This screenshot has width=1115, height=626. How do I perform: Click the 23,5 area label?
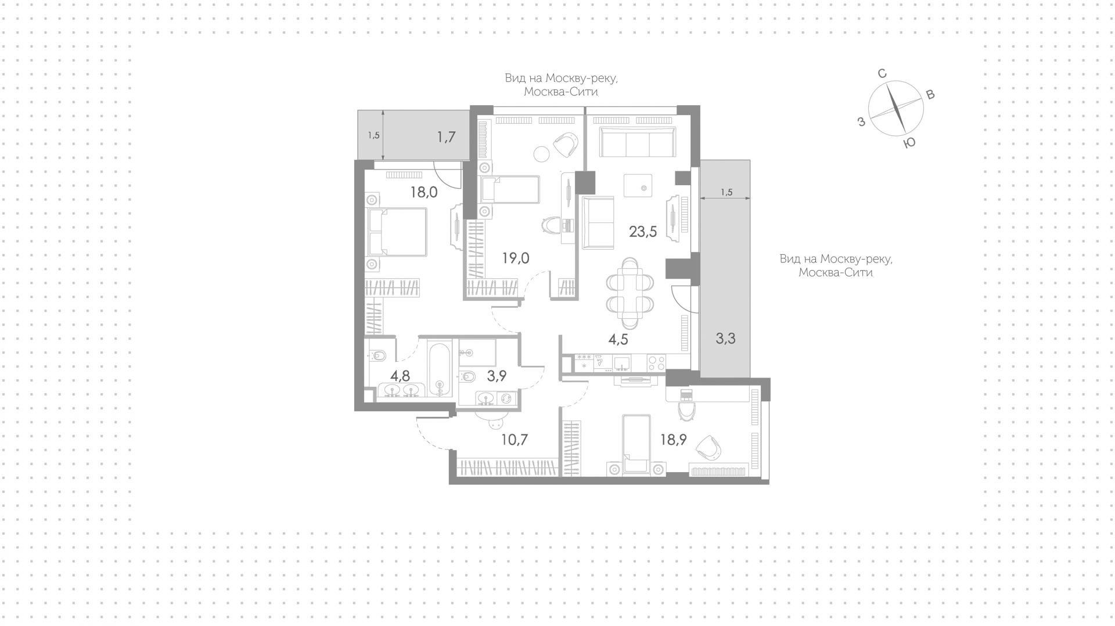pyautogui.click(x=643, y=232)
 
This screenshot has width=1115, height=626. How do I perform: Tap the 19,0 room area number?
pyautogui.click(x=516, y=258)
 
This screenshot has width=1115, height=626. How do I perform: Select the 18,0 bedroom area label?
pyautogui.click(x=424, y=192)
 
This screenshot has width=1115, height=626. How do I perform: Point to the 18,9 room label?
pyautogui.click(x=673, y=440)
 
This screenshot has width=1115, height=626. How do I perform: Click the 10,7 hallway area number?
pyautogui.click(x=515, y=440)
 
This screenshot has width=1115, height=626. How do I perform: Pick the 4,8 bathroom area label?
pyautogui.click(x=400, y=375)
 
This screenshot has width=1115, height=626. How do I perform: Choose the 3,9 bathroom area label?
pyautogui.click(x=497, y=376)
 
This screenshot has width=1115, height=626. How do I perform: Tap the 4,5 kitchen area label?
pyautogui.click(x=618, y=339)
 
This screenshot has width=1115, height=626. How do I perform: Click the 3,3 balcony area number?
pyautogui.click(x=725, y=338)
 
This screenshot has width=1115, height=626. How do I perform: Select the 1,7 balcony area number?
pyautogui.click(x=446, y=137)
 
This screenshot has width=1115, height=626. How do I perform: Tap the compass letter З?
pyautogui.click(x=862, y=121)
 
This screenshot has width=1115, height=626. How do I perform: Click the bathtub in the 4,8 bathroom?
pyautogui.click(x=440, y=369)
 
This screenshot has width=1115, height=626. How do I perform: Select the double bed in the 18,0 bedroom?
pyautogui.click(x=397, y=232)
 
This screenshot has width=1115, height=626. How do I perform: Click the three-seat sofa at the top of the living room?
pyautogui.click(x=638, y=142)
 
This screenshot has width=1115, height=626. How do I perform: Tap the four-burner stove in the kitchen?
pyautogui.click(x=657, y=362)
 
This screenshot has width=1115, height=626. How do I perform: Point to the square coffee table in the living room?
pyautogui.click(x=638, y=186)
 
